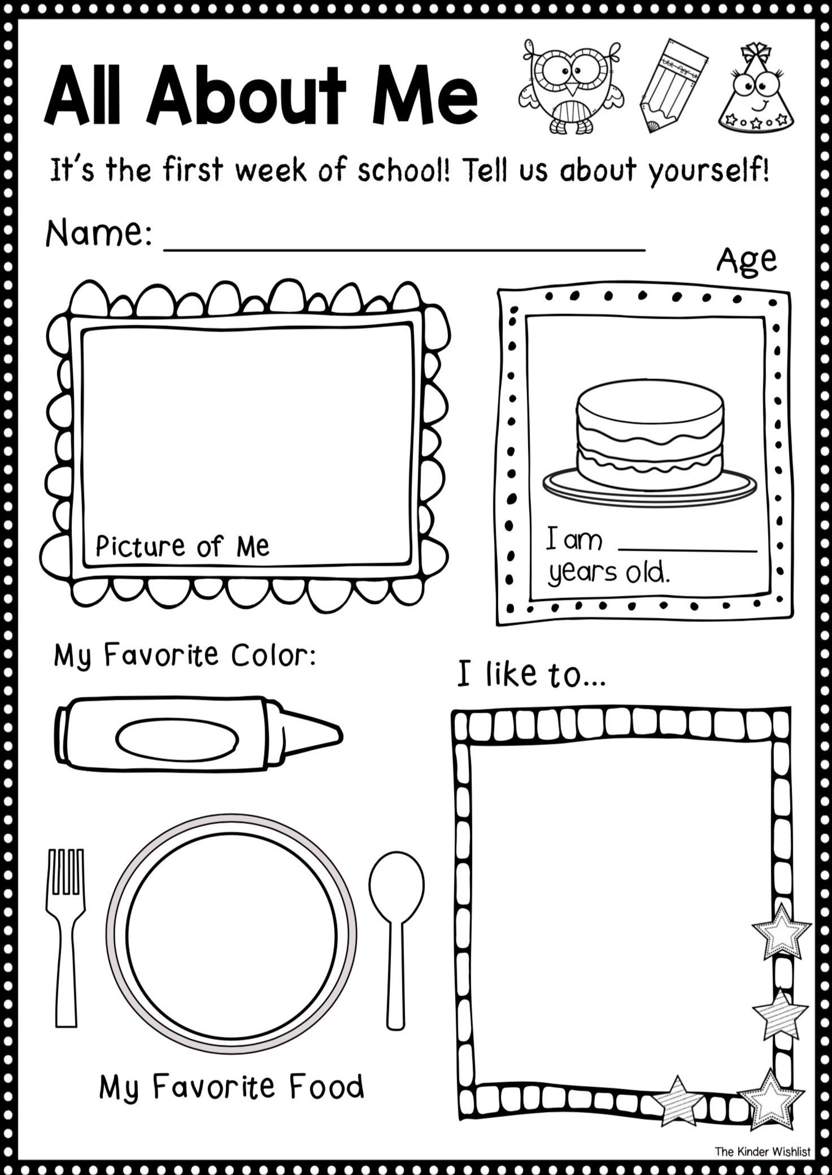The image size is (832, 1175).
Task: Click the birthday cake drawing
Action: pyautogui.click(x=650, y=443)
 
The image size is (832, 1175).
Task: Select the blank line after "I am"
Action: pyautogui.click(x=687, y=547)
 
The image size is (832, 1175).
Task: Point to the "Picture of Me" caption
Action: pyautogui.click(x=182, y=546)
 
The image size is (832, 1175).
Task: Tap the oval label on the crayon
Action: pyautogui.click(x=177, y=739)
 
